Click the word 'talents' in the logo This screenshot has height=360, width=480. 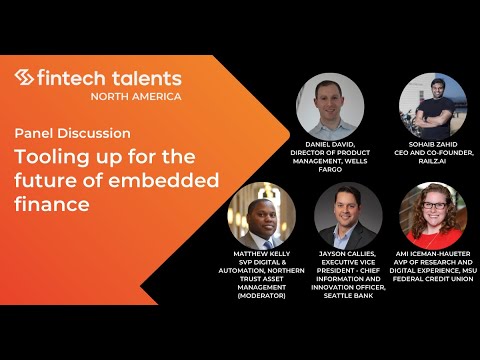pyautogui.click(x=146, y=78)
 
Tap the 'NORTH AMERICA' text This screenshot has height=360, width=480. pyautogui.click(x=136, y=96)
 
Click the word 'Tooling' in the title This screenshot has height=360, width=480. pyautogui.click(x=51, y=157)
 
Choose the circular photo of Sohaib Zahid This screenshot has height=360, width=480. pyautogui.click(x=432, y=105)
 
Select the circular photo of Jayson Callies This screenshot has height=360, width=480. pyautogui.click(x=348, y=216)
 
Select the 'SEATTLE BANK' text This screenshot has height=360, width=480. pyautogui.click(x=348, y=296)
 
